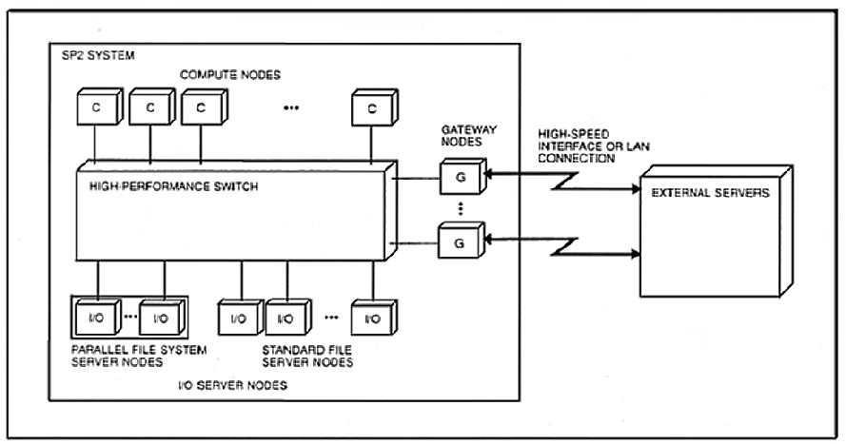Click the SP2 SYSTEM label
coord(98,55)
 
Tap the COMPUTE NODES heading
coord(230,75)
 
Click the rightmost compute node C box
coord(375,107)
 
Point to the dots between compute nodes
coord(291,108)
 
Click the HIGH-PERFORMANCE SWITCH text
coord(174,186)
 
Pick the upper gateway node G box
coord(462,176)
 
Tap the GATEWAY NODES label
coord(469,136)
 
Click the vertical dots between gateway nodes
coord(461,208)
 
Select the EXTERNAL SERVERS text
coord(711,193)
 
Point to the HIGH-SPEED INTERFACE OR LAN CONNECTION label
coord(594,146)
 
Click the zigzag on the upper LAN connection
coord(565,181)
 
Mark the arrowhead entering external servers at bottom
coord(636,253)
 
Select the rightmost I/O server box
coord(374,318)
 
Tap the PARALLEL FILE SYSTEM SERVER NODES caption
coord(139,357)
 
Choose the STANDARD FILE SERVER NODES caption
coord(307,357)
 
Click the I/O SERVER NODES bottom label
coord(232,385)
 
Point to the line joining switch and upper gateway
coord(416,178)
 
